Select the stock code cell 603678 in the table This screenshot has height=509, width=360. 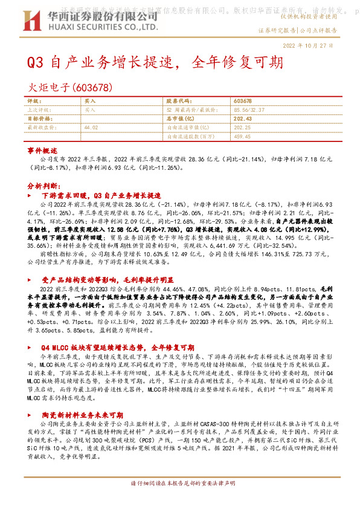[243, 101]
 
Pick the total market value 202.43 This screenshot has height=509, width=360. [243, 119]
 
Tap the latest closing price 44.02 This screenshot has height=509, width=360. [92, 128]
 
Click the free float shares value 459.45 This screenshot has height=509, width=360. [243, 137]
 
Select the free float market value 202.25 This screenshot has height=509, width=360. [243, 128]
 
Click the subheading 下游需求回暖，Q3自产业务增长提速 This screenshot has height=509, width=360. [101, 196]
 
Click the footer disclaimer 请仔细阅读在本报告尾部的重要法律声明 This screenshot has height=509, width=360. [179, 501]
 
